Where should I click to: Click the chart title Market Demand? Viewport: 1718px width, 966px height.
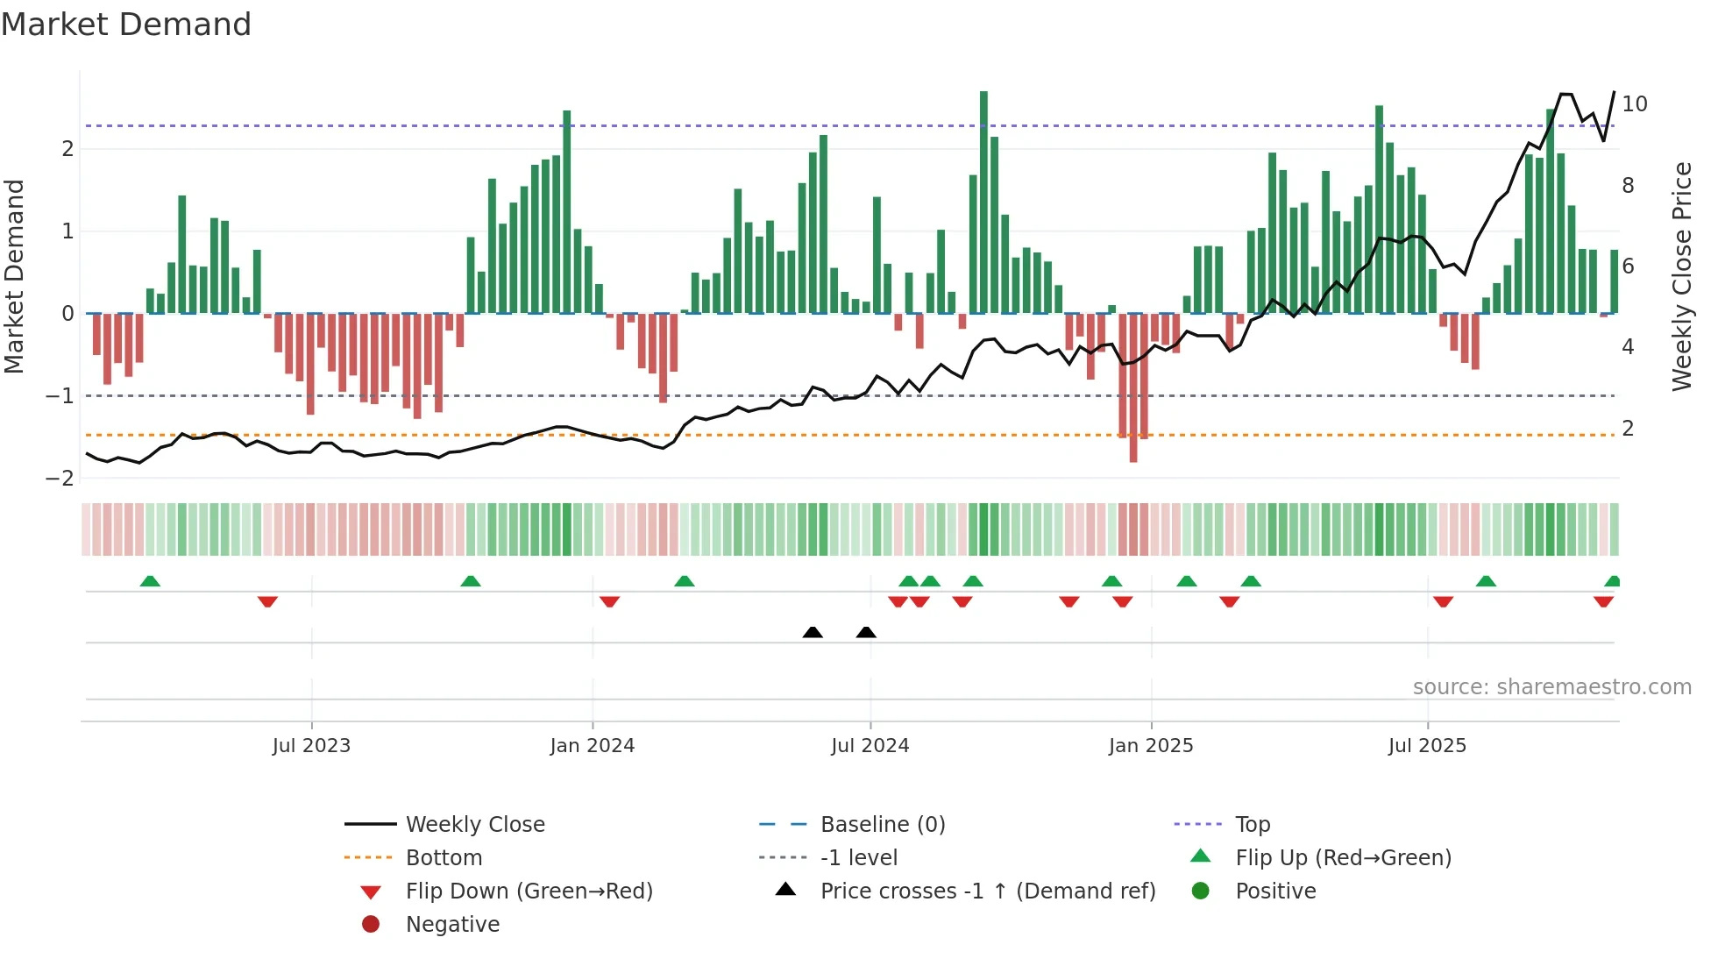126,25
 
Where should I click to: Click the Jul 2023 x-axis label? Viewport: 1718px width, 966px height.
311,746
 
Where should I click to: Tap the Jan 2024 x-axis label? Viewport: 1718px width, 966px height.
593,746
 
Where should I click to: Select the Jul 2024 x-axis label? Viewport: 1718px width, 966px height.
870,746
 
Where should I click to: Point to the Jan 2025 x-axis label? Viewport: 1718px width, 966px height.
1151,746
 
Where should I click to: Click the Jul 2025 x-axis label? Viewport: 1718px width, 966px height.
1427,746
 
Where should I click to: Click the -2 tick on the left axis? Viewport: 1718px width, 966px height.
60,479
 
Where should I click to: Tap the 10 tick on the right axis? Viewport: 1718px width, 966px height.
1635,104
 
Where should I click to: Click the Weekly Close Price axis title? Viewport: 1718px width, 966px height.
1681,276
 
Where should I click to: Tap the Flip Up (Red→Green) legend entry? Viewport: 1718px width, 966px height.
1343,858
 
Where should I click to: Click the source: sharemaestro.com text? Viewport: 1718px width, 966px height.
1551,687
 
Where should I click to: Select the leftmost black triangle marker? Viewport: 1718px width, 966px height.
813,632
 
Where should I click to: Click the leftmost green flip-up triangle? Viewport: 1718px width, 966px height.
150,581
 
